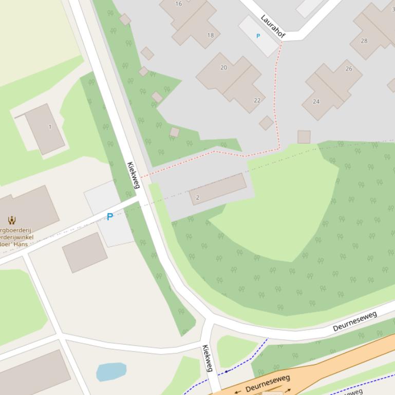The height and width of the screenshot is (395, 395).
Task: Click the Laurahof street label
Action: [x=273, y=26]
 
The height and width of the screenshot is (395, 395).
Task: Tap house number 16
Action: [x=179, y=4]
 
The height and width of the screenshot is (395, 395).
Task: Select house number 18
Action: [x=211, y=35]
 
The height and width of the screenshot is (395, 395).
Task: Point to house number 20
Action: [x=223, y=67]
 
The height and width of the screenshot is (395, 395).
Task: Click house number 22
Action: [x=257, y=100]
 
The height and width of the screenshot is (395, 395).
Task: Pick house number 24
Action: [x=316, y=102]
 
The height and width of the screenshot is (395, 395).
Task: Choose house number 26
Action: [x=349, y=69]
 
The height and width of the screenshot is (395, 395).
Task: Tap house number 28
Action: [x=364, y=41]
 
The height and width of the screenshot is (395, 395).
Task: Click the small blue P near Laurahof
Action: [x=258, y=36]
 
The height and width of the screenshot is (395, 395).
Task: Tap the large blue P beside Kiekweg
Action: [x=109, y=217]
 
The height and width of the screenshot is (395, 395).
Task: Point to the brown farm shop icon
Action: [x=11, y=221]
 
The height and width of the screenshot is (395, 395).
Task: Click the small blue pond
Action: [x=111, y=371]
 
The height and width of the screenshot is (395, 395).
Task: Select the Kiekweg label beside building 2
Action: [x=133, y=175]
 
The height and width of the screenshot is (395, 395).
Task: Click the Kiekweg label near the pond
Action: [x=207, y=358]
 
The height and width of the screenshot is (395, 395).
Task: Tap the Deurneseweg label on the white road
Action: [x=355, y=321]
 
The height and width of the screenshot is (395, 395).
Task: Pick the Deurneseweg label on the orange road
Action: [x=268, y=383]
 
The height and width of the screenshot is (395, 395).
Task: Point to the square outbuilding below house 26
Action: [x=304, y=137]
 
